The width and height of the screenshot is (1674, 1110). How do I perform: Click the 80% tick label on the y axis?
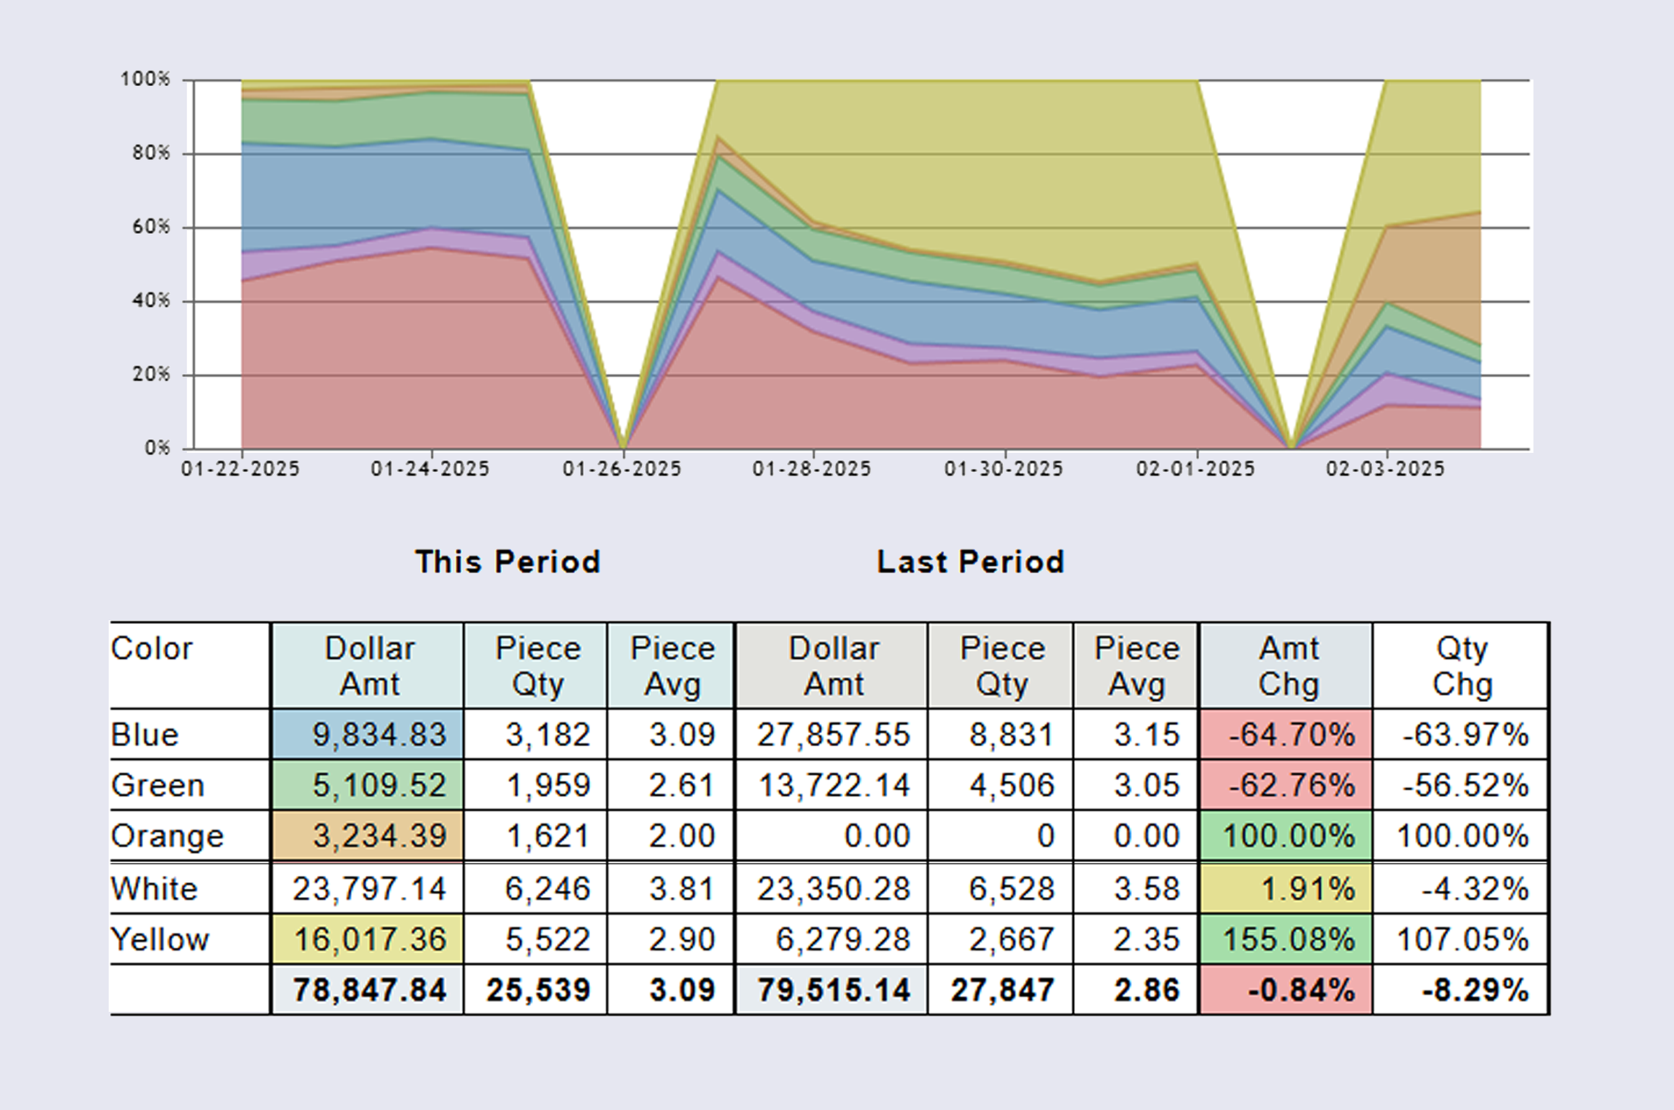pos(150,153)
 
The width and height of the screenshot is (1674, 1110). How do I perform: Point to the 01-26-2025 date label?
pos(622,469)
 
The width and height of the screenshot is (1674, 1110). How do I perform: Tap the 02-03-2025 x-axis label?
pos(1385,469)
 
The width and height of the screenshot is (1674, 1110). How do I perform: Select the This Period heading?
pos(508,562)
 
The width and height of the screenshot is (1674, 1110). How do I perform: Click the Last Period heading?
pos(970,562)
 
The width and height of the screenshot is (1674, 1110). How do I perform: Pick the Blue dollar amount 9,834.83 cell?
pos(368,735)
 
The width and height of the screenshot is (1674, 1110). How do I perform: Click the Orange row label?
pos(168,836)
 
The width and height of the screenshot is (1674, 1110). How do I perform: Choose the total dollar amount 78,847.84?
pos(369,990)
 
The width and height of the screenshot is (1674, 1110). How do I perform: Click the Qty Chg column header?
pos(1461,666)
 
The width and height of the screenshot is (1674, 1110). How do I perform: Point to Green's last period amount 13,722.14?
pos(833,786)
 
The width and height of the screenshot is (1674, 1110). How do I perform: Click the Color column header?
pos(151,649)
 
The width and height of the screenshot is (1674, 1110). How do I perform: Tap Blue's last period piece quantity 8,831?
pos(1011,735)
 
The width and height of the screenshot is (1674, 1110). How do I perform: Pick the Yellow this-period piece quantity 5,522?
pos(547,940)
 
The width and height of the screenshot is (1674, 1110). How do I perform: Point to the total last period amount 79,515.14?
pos(833,990)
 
